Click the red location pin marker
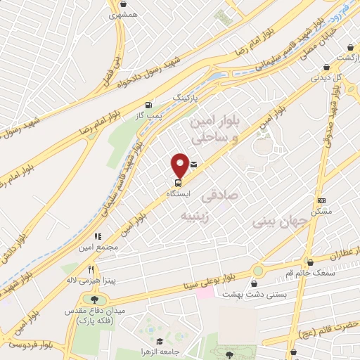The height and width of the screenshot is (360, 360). point(180,165)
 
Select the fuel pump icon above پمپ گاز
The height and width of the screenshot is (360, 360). point(148,105)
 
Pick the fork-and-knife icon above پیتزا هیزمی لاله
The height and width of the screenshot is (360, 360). point(91,269)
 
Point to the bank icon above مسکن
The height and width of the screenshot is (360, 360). point(321,200)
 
